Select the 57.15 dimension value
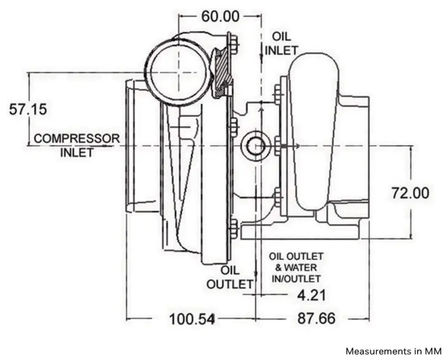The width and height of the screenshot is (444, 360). pyautogui.click(x=28, y=109)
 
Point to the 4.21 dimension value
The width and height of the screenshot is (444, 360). pyautogui.click(x=311, y=295)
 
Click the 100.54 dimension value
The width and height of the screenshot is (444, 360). pyautogui.click(x=191, y=319)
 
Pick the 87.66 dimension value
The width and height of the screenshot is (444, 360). pyautogui.click(x=316, y=318)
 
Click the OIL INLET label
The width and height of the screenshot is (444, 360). pyautogui.click(x=281, y=44)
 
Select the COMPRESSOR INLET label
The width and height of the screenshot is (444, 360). pyautogui.click(x=77, y=145)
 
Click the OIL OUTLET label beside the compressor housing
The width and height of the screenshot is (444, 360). pyautogui.click(x=230, y=277)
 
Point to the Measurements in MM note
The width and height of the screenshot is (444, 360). pyautogui.click(x=393, y=351)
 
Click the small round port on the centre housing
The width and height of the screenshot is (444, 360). pyautogui.click(x=255, y=146)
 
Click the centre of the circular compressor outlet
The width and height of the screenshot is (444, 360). pyautogui.click(x=179, y=73)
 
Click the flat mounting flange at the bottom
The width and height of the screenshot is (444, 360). pyautogui.click(x=301, y=231)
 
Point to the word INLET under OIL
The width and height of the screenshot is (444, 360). pyautogui.click(x=281, y=50)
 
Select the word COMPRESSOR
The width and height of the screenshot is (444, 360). pyautogui.click(x=77, y=139)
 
